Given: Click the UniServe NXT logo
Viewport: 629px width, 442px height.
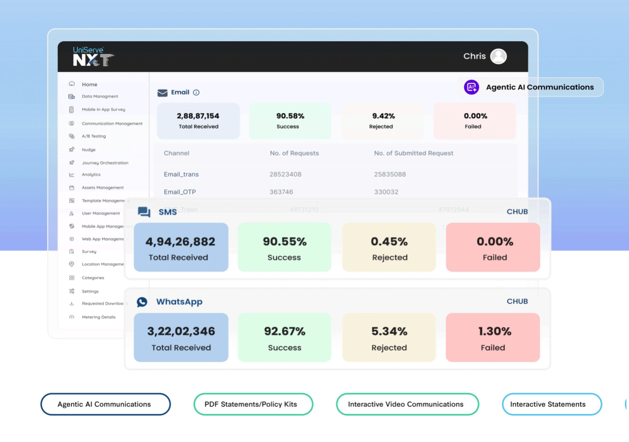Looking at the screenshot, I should tap(93, 56).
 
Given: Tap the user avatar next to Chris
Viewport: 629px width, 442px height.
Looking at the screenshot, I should tap(498, 56).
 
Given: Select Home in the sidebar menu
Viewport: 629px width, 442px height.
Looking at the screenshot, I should tap(90, 85).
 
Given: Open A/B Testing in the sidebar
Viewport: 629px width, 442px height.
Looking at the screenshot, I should tap(94, 136).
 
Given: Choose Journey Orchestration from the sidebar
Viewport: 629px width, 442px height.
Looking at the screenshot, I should tap(105, 163).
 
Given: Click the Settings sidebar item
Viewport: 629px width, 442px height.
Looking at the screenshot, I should tap(90, 291).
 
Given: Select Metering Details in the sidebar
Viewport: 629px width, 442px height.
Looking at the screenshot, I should tap(99, 317).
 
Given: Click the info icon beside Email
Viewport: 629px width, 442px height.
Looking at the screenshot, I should tap(196, 93).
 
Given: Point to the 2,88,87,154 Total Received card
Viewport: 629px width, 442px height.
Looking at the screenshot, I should tap(198, 121).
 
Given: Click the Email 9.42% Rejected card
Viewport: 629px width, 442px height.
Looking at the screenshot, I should tap(381, 121).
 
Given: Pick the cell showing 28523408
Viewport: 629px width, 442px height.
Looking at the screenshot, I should tap(285, 175).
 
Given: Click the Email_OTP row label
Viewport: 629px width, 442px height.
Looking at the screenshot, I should tap(179, 192).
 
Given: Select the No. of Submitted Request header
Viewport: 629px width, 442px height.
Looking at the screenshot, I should tap(413, 153).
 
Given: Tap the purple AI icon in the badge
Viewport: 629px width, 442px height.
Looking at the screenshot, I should tap(471, 87).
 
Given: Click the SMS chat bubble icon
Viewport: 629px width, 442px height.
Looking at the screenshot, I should tap(144, 212).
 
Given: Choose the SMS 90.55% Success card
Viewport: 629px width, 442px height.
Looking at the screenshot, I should tap(284, 248).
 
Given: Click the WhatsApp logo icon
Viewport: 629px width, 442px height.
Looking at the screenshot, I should tap(142, 302).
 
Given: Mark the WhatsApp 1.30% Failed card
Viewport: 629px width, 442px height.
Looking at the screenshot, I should tap(493, 338).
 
